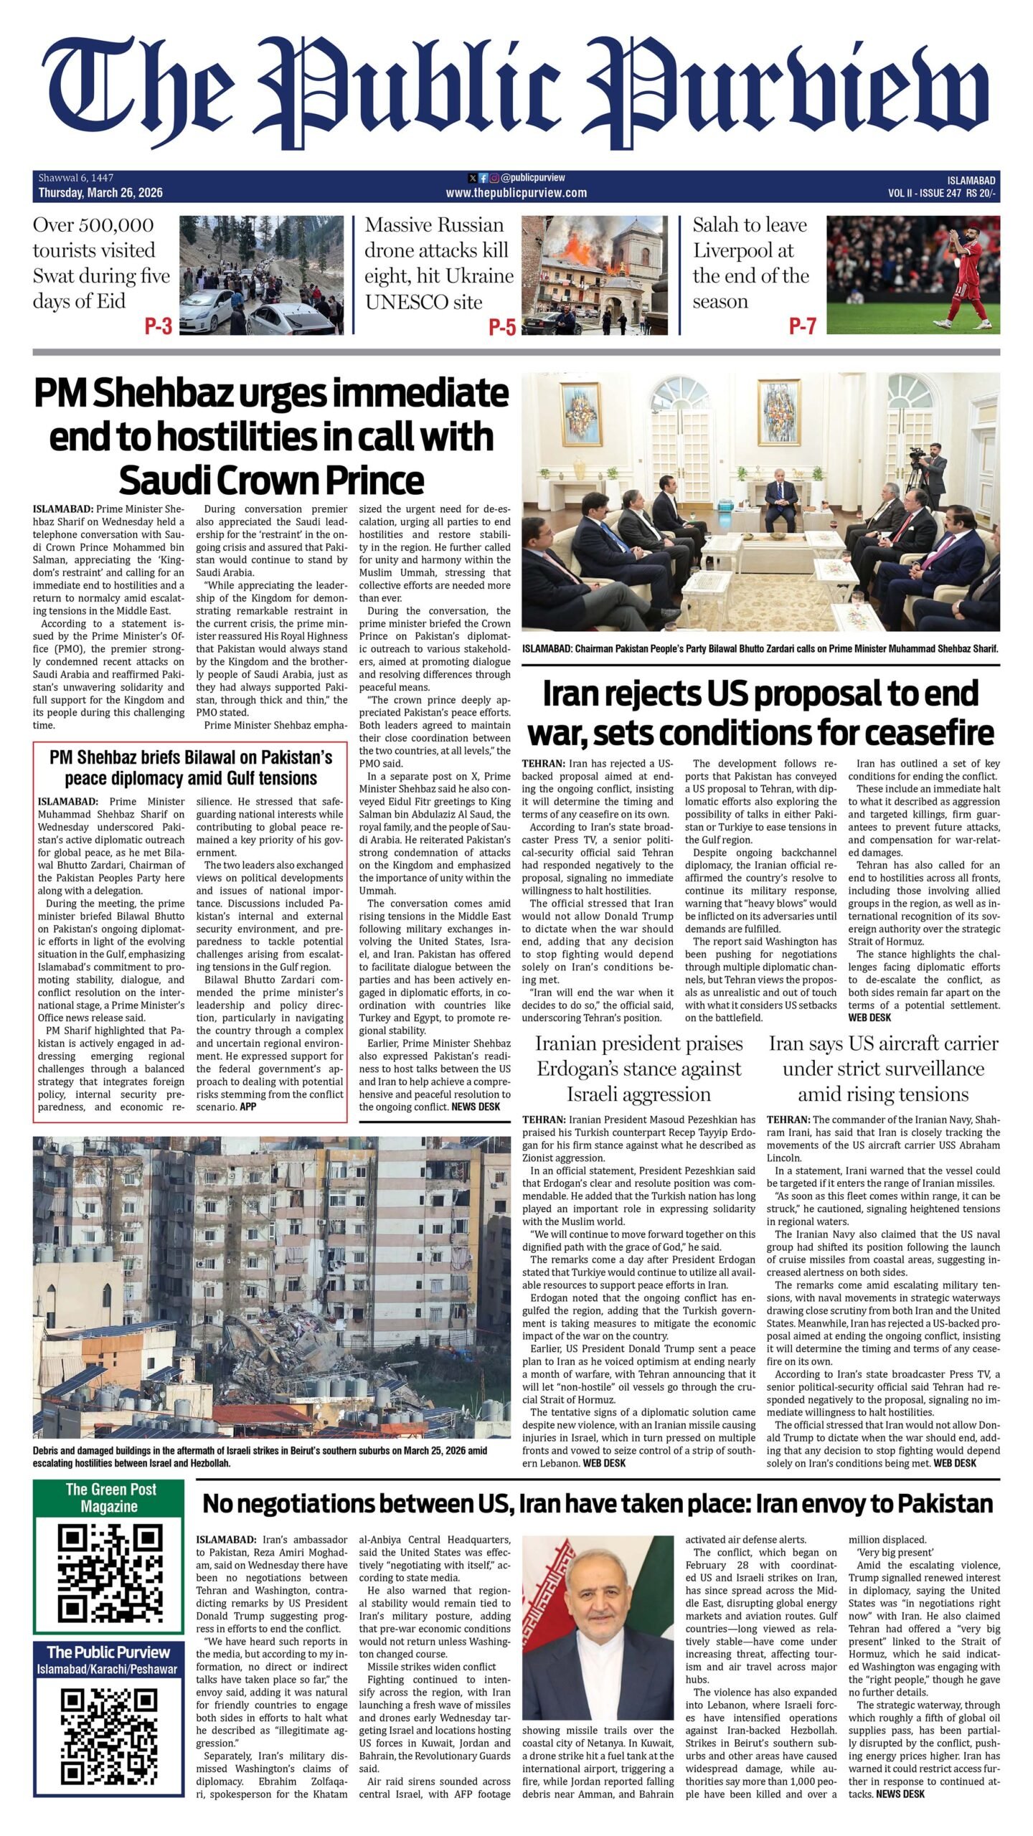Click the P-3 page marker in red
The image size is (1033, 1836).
[158, 327]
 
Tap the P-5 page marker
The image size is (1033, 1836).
[502, 327]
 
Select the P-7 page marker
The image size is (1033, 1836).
[802, 326]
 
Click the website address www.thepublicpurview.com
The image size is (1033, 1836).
[516, 193]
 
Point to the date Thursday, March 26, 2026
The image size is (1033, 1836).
[100, 193]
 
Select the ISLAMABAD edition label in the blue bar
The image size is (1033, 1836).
[971, 181]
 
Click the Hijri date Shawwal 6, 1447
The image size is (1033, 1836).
[76, 178]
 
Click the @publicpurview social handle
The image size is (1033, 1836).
[533, 178]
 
